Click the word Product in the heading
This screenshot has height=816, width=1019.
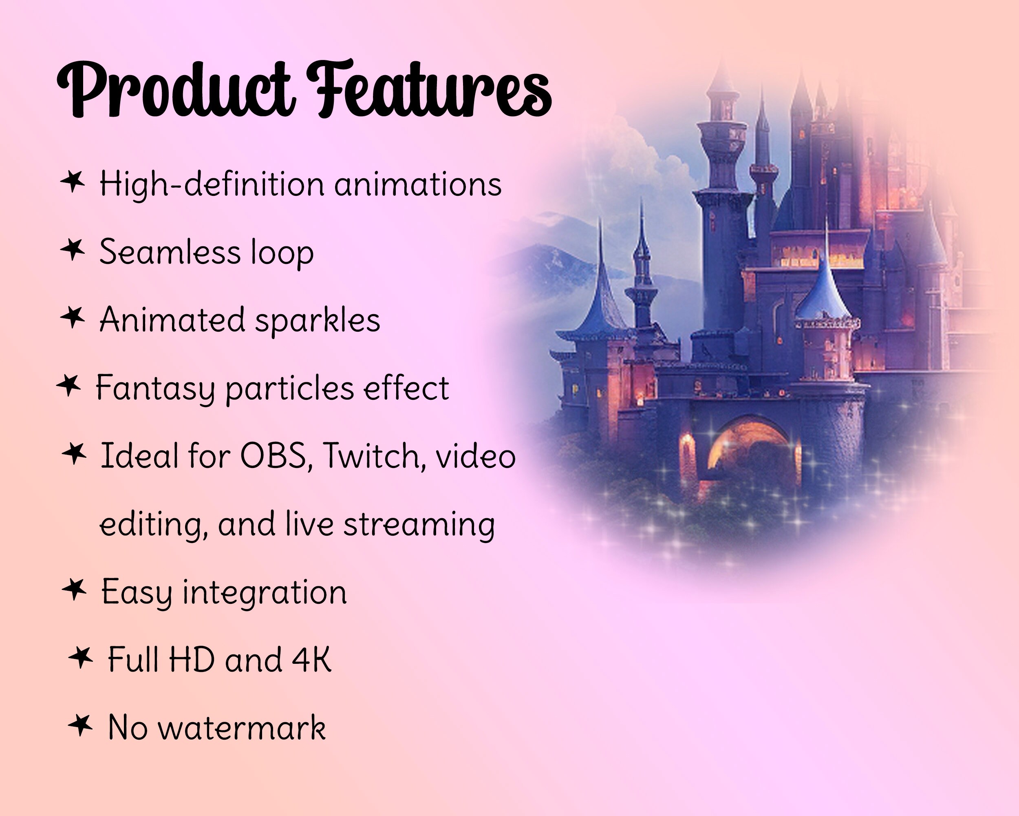point(175,89)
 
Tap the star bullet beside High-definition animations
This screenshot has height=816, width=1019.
point(73,182)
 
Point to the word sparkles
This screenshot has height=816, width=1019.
point(318,321)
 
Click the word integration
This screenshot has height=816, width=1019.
point(265,592)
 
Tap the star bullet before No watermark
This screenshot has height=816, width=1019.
point(80,725)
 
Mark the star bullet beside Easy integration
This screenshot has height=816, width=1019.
point(74,590)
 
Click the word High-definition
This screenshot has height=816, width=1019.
point(212,184)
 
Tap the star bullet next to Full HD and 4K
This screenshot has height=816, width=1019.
point(80,658)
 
